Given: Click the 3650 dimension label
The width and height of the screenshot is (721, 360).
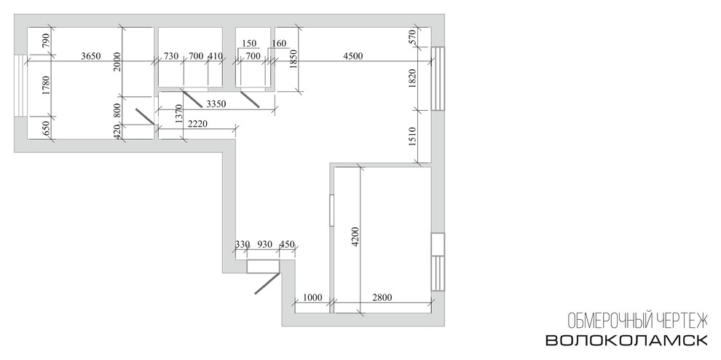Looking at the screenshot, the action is [x=90, y=56].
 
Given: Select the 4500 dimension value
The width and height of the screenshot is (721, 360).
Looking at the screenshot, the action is [x=353, y=56].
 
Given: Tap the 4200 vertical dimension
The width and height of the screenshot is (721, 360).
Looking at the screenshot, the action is [x=355, y=238].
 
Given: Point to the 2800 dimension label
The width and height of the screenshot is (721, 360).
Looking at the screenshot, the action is [x=382, y=298].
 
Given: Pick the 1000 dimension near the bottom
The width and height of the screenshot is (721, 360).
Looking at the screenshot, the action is [x=312, y=298].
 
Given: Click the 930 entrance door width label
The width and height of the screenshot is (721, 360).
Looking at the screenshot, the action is [x=264, y=244].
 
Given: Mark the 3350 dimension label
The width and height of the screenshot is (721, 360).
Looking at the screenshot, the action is [x=216, y=104].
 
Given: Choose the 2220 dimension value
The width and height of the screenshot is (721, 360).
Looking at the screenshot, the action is [x=198, y=124].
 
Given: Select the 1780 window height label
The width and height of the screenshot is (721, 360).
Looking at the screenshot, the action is [x=45, y=85].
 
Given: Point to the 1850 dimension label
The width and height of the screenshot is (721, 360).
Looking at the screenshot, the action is [x=294, y=59].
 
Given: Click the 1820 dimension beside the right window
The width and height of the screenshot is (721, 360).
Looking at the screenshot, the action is [x=412, y=78].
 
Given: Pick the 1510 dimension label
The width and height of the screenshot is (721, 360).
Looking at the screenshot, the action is [x=412, y=137].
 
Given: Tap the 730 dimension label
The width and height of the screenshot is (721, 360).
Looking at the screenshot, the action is [x=171, y=56].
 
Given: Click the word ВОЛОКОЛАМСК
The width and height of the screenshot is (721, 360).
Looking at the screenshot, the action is [x=626, y=340].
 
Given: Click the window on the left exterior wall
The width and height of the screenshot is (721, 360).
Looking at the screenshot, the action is [x=20, y=86].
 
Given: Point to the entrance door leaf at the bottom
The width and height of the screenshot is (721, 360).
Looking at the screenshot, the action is [x=267, y=283].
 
